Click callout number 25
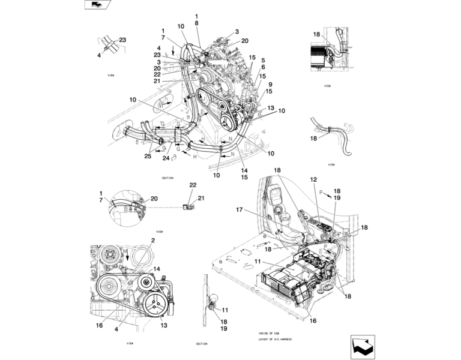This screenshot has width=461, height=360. point(148,156)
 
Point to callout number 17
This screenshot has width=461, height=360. point(240,209)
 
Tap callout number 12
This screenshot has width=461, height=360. point(313,179)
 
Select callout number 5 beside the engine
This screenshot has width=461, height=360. point(262,60)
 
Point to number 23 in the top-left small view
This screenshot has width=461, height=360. point(122,40)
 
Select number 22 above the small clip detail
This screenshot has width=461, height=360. point(193,185)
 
